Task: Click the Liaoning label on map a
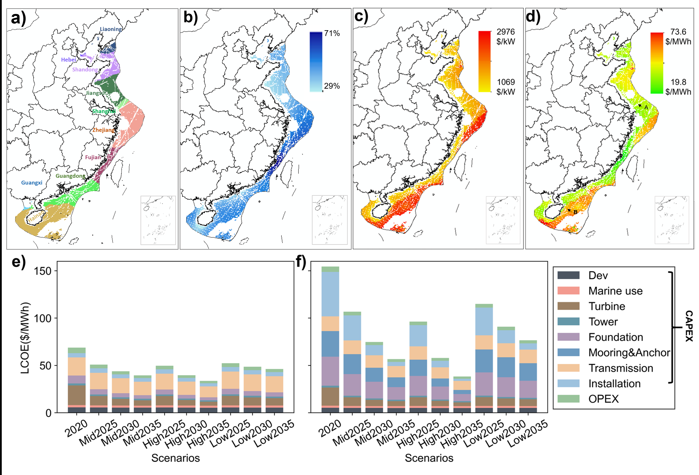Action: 111,29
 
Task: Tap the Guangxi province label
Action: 32,183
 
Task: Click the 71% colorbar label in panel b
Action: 332,33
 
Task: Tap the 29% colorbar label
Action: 332,86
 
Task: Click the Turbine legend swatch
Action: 568,306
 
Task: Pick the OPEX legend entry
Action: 603,399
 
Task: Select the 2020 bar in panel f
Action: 330,339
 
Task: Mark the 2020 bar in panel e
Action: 77,380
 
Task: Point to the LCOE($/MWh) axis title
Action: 25,338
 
